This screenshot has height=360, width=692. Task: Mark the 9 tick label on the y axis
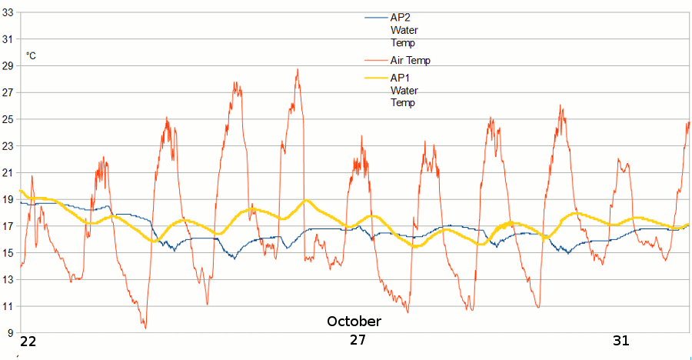pyautogui.click(x=12, y=333)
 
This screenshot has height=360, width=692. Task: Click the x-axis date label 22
pyautogui.click(x=28, y=342)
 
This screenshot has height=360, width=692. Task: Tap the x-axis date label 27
pyautogui.click(x=358, y=341)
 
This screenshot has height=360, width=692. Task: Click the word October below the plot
pyautogui.click(x=354, y=321)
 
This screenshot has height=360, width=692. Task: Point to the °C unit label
pyautogui.click(x=32, y=55)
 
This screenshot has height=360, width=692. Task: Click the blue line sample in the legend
pyautogui.click(x=376, y=17)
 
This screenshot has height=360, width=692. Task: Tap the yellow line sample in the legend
pyautogui.click(x=376, y=78)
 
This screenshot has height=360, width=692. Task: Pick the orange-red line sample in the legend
pyautogui.click(x=376, y=60)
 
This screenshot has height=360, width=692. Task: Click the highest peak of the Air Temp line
pyautogui.click(x=298, y=69)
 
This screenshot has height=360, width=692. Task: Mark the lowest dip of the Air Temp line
pyautogui.click(x=145, y=328)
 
